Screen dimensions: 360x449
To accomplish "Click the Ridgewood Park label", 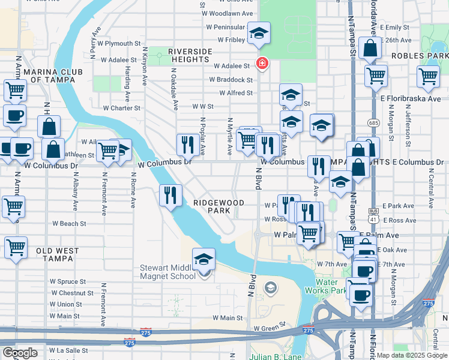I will click(x=218, y=207).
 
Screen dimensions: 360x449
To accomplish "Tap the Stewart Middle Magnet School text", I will click(x=167, y=272).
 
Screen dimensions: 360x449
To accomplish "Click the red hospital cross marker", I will click(x=262, y=63).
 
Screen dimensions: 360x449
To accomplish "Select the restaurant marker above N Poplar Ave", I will click(x=188, y=144).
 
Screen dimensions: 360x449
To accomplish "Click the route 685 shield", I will click(x=374, y=123).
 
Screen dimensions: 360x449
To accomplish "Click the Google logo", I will click(x=20, y=352).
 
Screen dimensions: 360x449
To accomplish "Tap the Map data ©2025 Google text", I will click(x=412, y=355).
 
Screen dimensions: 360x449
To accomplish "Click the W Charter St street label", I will click(x=121, y=109).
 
